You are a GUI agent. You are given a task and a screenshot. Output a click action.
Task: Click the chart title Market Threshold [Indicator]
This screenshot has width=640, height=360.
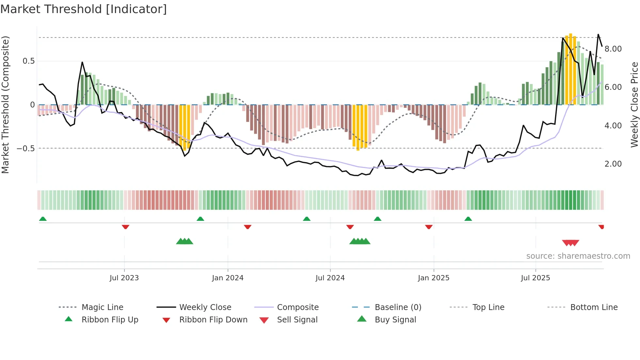coord(84,9)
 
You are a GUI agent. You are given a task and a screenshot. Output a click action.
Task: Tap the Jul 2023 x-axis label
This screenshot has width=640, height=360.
coord(124,278)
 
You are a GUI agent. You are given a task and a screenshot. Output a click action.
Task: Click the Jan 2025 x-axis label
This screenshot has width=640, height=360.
coord(434,278)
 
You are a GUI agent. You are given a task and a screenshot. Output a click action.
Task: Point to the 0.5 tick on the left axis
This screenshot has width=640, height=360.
coord(29,61)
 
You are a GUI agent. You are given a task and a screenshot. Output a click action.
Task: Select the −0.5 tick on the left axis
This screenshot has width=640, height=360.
coord(26,149)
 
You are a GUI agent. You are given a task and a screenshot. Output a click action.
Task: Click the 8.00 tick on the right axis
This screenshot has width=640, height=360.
coord(613,49)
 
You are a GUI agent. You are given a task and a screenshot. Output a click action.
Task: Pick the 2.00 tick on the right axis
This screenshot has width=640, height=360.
coord(613,164)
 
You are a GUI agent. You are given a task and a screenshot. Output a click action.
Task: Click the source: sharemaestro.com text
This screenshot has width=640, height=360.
coord(578,256)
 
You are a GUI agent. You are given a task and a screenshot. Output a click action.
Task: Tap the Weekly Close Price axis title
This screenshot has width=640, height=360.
coord(634,105)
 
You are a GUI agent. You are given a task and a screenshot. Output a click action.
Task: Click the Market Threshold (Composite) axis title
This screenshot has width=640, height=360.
coord(5,105)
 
